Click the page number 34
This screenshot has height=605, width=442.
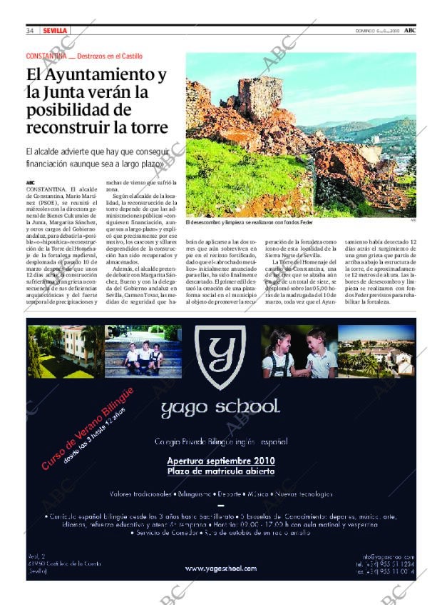point(31,31)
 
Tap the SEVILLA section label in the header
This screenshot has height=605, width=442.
point(55,31)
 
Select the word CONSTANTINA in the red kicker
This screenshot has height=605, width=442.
point(46,56)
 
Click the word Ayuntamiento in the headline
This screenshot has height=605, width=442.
point(107,74)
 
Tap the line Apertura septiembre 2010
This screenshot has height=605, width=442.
point(220,461)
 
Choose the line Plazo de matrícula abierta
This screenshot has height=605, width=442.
point(220,471)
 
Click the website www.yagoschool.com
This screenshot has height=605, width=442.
point(220,569)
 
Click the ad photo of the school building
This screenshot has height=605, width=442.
point(65,351)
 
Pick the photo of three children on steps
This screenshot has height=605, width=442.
point(143,351)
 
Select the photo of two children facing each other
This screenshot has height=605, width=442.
point(299,351)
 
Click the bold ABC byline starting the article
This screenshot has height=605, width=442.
point(30,182)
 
